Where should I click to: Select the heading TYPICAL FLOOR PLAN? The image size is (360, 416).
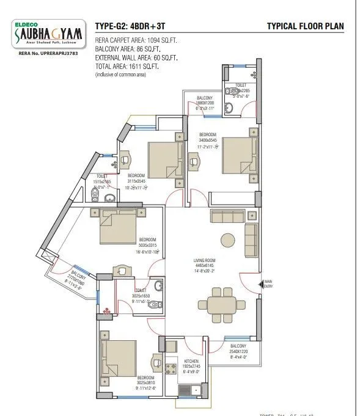coord(306,26)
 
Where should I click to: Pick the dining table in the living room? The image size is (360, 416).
coord(218,305)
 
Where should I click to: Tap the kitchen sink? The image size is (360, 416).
coord(189,389)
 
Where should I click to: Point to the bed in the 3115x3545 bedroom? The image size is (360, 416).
coord(162,157)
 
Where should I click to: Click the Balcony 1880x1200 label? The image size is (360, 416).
coord(205,103)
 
